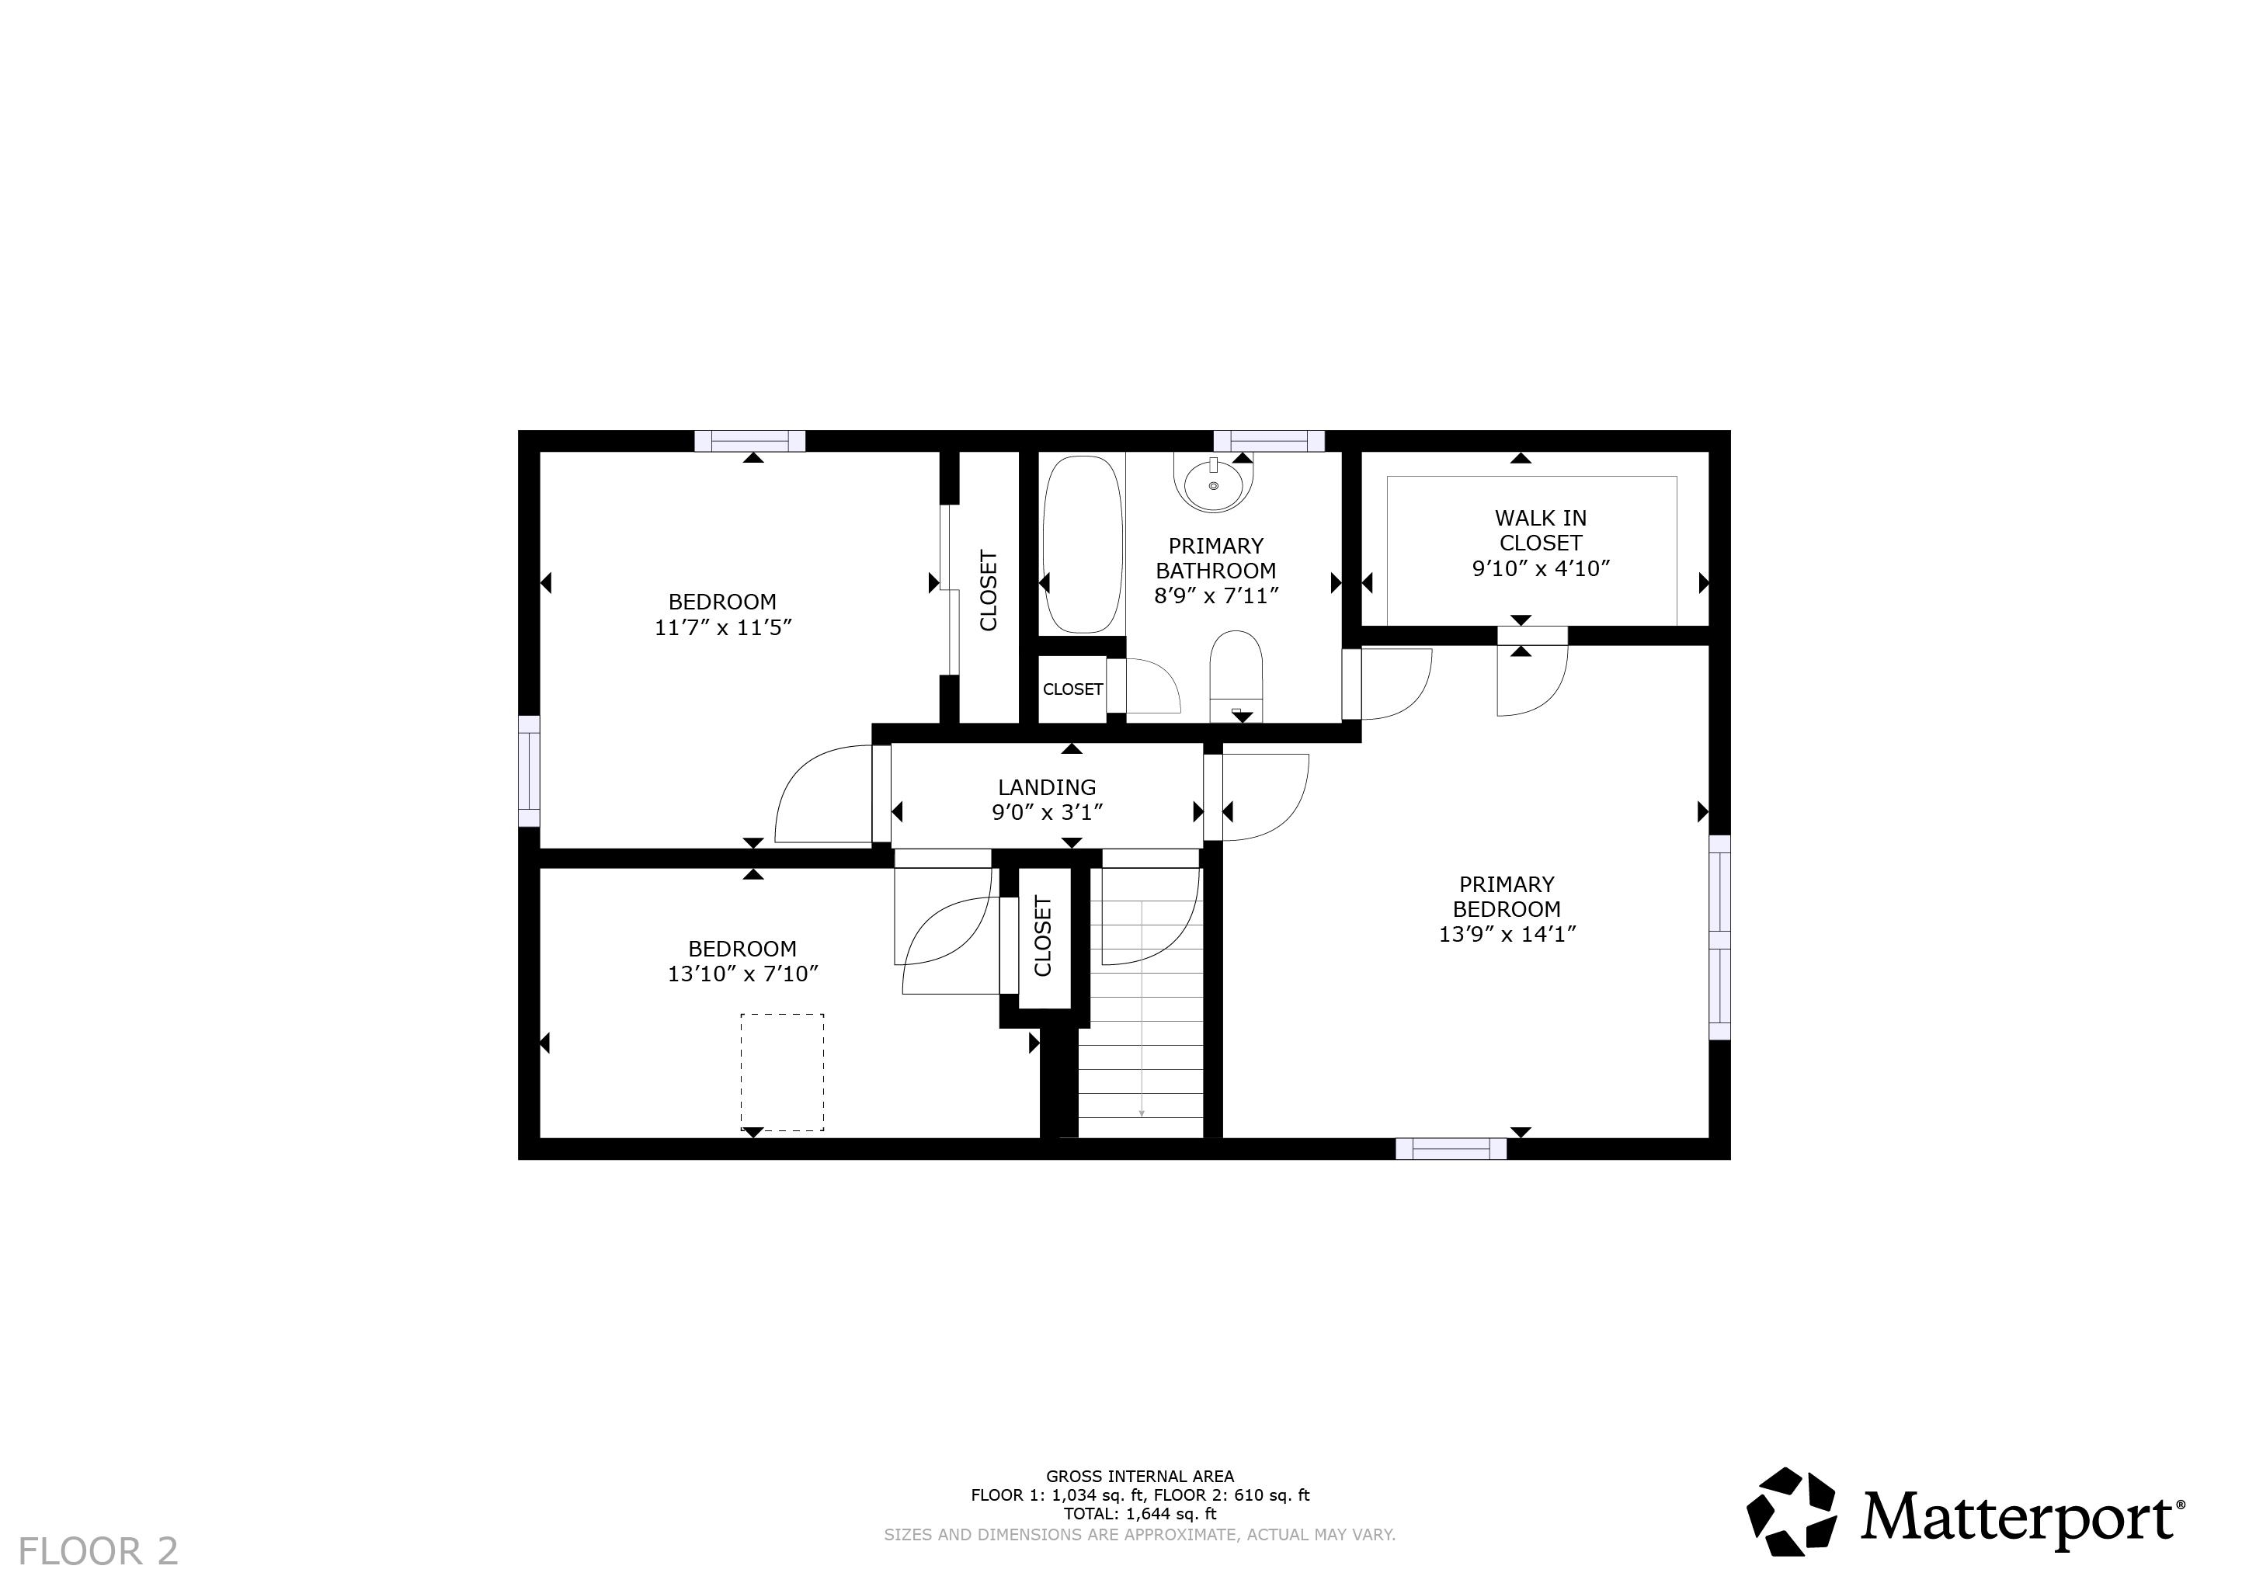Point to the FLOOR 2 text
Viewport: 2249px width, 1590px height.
[98, 1552]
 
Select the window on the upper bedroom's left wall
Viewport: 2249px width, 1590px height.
[529, 772]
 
